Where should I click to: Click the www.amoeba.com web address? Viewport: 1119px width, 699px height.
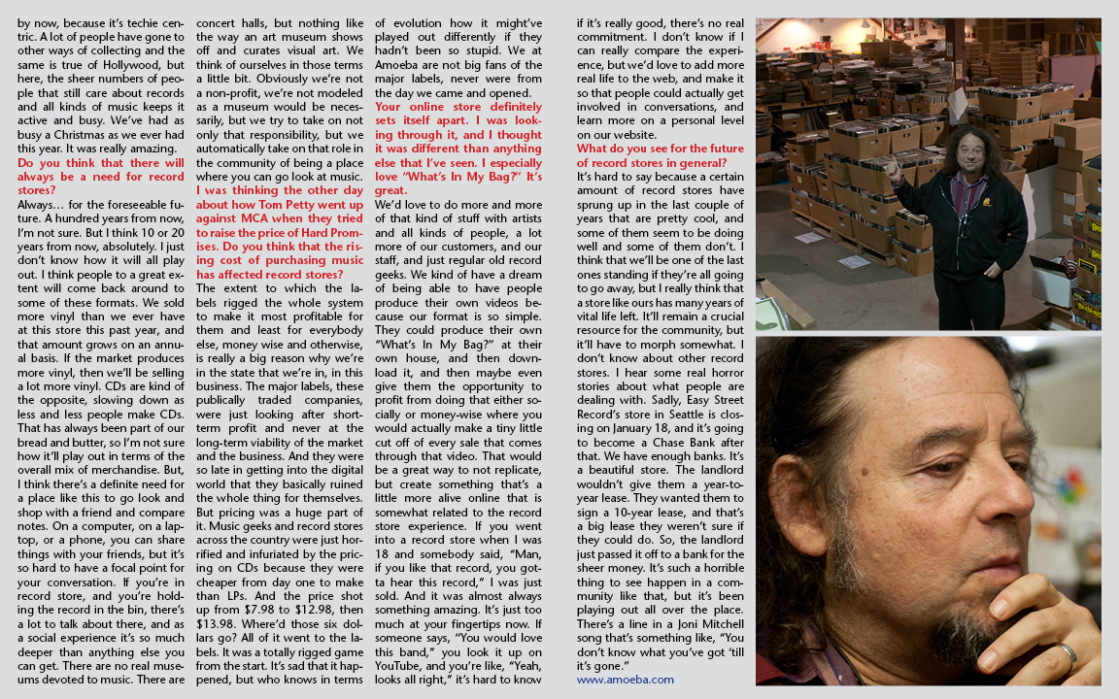pos(625,680)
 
